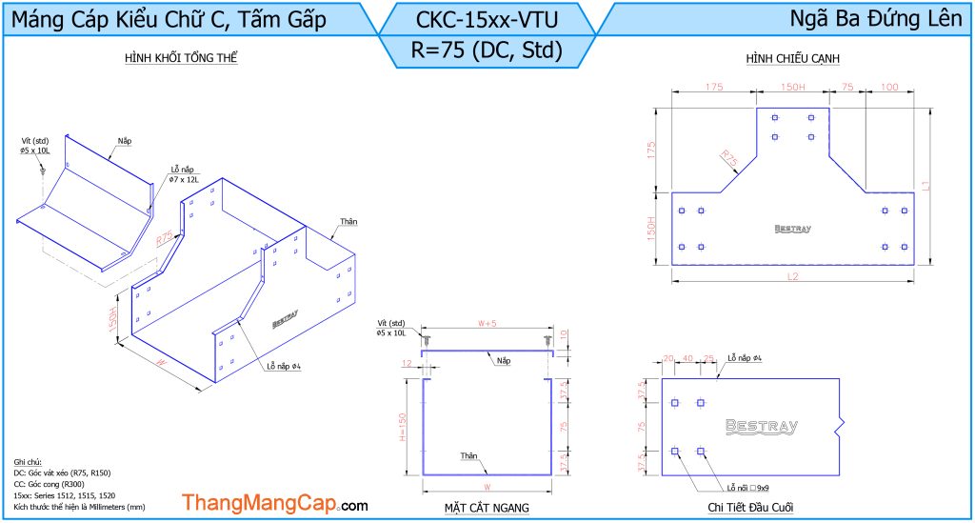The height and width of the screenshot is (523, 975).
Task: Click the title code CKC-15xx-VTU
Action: [x=487, y=18]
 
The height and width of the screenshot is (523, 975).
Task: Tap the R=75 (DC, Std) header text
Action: [x=487, y=50]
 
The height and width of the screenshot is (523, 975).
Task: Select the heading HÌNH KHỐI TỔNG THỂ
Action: [x=181, y=59]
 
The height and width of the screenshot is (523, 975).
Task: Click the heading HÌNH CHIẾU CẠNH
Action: [x=792, y=59]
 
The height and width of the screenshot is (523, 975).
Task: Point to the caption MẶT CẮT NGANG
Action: [x=487, y=507]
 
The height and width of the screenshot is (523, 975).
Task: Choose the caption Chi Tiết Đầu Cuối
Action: [x=751, y=507]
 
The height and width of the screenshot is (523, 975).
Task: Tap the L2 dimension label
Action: [x=792, y=276]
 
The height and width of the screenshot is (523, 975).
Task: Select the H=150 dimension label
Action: [x=403, y=426]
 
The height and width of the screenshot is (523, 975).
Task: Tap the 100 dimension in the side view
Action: [x=889, y=88]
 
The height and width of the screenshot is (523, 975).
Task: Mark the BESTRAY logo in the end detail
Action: [x=762, y=427]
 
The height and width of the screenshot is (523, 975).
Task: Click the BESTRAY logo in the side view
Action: [x=792, y=229]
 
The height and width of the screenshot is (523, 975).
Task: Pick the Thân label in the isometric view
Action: [x=347, y=221]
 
